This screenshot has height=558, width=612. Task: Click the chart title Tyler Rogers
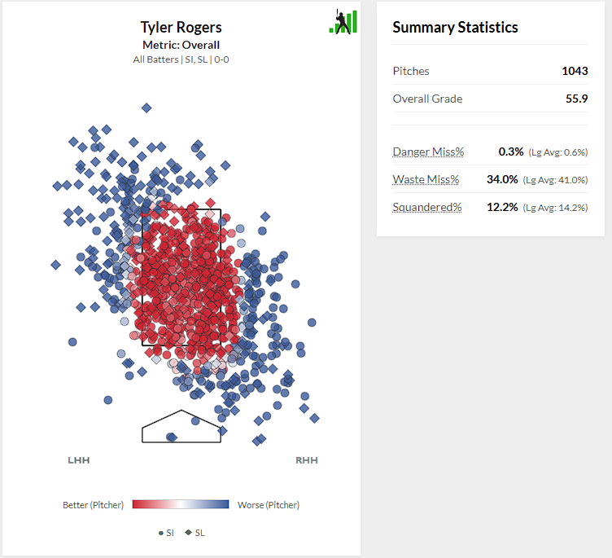(181, 29)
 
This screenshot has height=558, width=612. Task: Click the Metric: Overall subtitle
(181, 46)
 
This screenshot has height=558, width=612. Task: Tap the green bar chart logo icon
(343, 22)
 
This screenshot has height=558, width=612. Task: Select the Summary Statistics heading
(455, 28)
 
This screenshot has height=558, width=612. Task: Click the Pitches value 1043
(575, 71)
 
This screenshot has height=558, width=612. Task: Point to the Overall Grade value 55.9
(576, 99)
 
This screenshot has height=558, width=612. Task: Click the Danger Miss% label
(428, 152)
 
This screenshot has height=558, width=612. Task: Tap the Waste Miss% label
(426, 179)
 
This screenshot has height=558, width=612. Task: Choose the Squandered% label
(426, 207)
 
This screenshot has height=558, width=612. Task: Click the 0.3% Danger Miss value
(511, 152)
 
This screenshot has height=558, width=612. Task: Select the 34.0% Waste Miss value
(502, 179)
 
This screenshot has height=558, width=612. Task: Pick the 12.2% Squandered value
(502, 207)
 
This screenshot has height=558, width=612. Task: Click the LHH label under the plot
(79, 460)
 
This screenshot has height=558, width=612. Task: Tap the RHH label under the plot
(307, 460)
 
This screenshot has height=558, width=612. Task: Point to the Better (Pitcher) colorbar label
(93, 505)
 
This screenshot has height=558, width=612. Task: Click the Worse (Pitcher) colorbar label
(269, 505)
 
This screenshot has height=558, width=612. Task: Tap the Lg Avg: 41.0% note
(555, 180)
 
